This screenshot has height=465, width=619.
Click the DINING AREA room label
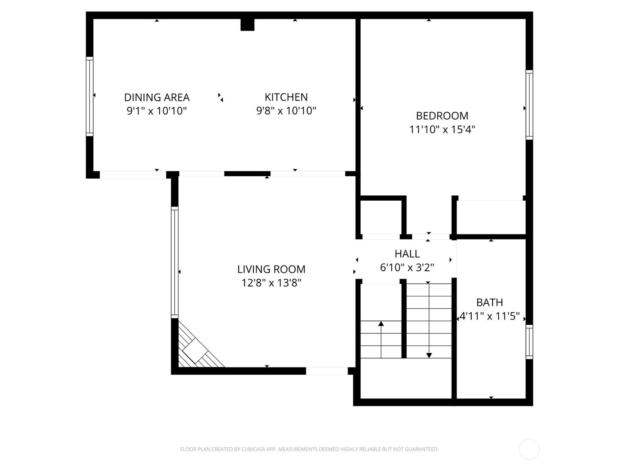[157, 97]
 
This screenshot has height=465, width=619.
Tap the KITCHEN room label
[286, 97]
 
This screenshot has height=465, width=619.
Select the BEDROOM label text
[442, 116]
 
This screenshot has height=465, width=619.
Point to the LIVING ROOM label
[271, 269]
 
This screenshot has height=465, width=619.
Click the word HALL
[407, 254]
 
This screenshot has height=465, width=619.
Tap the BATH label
[489, 302]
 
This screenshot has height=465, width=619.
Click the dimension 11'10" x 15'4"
[442, 129]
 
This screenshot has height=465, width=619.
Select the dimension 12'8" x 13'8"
[271, 283]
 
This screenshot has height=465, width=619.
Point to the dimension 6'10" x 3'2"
[407, 267]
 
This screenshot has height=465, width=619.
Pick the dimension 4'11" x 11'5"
[489, 316]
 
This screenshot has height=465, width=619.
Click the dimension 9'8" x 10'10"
[286, 111]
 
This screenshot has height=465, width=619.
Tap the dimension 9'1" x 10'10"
[157, 111]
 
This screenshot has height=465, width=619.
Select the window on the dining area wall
[89, 96]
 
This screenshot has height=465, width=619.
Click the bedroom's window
[529, 105]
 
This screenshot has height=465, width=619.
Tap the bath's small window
[529, 342]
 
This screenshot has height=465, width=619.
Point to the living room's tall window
[174, 263]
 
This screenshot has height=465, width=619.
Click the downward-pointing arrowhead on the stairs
[429, 355]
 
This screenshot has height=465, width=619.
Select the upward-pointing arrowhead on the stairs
[381, 324]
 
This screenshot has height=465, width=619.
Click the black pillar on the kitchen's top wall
[247, 24]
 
